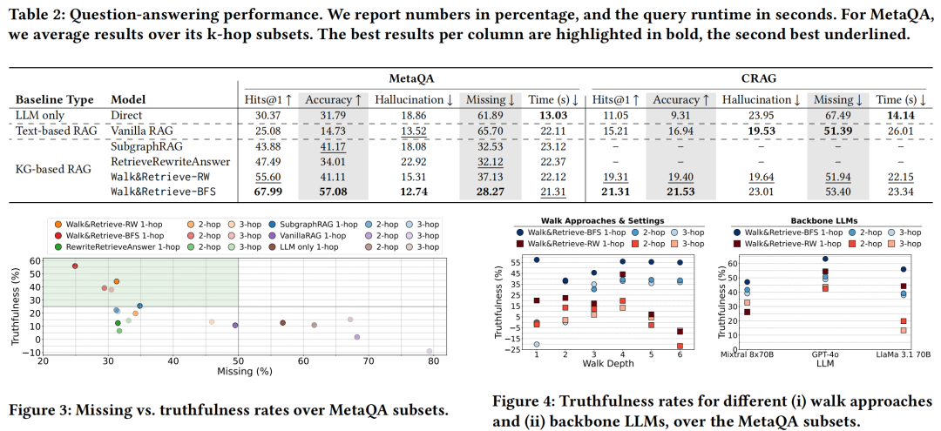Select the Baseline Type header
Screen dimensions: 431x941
click(x=55, y=100)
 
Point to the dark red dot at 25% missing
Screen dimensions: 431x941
click(x=75, y=266)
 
